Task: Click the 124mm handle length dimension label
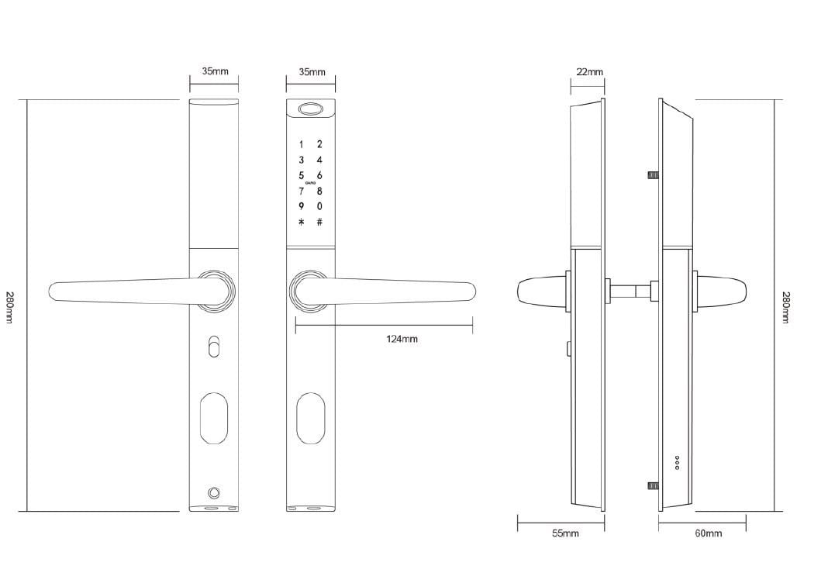[401, 339]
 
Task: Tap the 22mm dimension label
[589, 72]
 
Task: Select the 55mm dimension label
[565, 533]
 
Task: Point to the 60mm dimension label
[708, 533]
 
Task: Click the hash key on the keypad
[319, 223]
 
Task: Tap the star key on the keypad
[302, 223]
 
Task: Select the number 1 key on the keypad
[302, 144]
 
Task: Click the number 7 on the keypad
[302, 192]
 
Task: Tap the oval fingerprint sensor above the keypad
[311, 109]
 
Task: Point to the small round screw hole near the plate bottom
[214, 493]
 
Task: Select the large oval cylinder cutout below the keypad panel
[311, 419]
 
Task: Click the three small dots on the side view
[677, 462]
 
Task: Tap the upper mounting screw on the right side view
[653, 175]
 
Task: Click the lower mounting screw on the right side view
[653, 486]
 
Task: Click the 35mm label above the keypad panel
[312, 72]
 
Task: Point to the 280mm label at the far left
[9, 307]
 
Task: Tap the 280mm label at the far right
[785, 307]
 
